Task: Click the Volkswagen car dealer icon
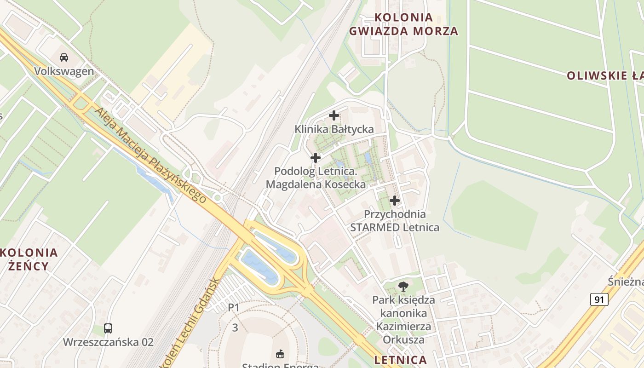[64, 57]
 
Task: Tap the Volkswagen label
[64, 72]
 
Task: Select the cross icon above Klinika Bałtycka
[334, 115]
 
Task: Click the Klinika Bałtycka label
[334, 129]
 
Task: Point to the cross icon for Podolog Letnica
[316, 158]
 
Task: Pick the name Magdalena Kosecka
[316, 185]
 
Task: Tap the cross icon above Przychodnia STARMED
[394, 201]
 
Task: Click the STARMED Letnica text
[394, 227]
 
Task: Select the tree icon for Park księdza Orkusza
[403, 287]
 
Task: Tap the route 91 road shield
[599, 300]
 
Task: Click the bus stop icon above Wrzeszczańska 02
[108, 328]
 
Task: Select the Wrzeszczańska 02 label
[108, 342]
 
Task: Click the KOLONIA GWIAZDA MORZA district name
[403, 24]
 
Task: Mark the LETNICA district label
[401, 360]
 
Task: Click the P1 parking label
[234, 307]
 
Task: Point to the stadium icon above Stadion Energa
[280, 354]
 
